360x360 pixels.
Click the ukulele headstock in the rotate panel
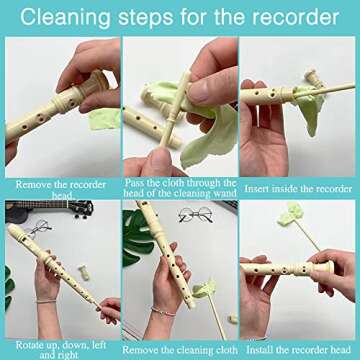pos(76,209)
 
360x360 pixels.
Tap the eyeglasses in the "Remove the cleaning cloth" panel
pos(192,215)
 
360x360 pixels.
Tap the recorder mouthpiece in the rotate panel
pos(17,237)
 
